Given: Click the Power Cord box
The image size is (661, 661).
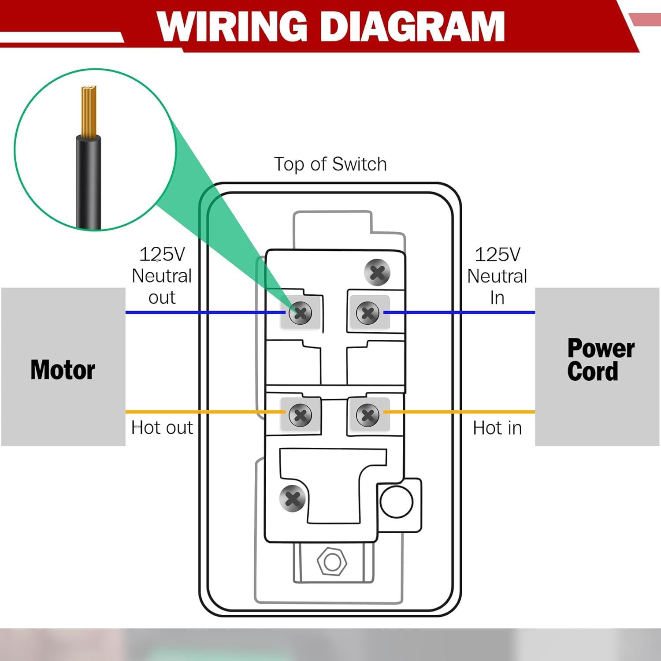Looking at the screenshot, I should pos(597,367).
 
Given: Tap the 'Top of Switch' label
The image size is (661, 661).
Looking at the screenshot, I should pos(330,164).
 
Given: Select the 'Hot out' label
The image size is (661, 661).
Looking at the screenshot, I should pos(162,428).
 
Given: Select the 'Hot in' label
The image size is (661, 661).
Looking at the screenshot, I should pos(497,428).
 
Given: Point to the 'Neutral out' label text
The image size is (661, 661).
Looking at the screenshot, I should pos(162,276).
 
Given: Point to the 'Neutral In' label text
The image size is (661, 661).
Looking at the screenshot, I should pos(497,276).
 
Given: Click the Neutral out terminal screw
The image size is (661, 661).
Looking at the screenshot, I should pos(300,313).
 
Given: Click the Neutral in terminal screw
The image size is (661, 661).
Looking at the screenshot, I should pos(368,313).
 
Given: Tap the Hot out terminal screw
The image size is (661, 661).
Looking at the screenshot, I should pos(300,415).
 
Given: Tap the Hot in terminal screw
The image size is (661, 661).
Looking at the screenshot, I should pos(368,415).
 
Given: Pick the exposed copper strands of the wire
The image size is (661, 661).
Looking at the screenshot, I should pos(89,110).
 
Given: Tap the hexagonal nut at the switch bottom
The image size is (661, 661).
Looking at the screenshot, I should pos(332,562).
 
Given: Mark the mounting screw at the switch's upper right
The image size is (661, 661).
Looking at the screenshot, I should pos(377,273).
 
